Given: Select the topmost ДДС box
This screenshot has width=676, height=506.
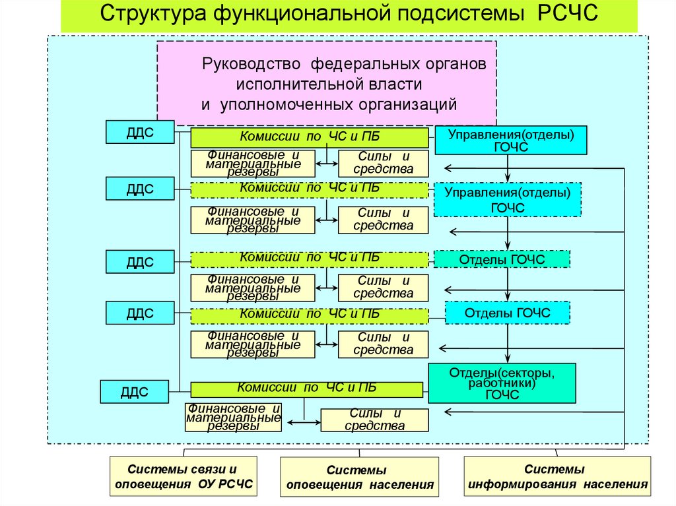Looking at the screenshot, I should [140, 132].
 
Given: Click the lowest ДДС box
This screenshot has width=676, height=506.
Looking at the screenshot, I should [133, 391].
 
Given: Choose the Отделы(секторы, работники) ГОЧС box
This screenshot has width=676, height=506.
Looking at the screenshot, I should [502, 384].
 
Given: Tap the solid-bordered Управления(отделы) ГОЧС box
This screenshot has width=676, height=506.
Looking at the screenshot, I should [510, 141].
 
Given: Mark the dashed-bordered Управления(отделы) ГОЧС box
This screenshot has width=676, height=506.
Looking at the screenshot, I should [507, 200].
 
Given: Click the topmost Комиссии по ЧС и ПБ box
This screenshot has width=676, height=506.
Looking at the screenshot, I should [310, 137].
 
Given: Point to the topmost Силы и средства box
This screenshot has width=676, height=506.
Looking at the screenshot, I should [383, 163].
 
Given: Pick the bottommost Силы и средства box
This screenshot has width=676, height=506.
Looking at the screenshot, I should [374, 420].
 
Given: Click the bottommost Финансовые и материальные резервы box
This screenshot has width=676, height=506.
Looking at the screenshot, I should [234, 418].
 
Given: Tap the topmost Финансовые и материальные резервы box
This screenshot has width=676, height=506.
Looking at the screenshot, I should [252, 163].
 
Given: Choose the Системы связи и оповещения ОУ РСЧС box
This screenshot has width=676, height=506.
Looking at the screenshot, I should [183, 478].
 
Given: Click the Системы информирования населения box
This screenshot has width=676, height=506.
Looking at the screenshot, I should [557, 477].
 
